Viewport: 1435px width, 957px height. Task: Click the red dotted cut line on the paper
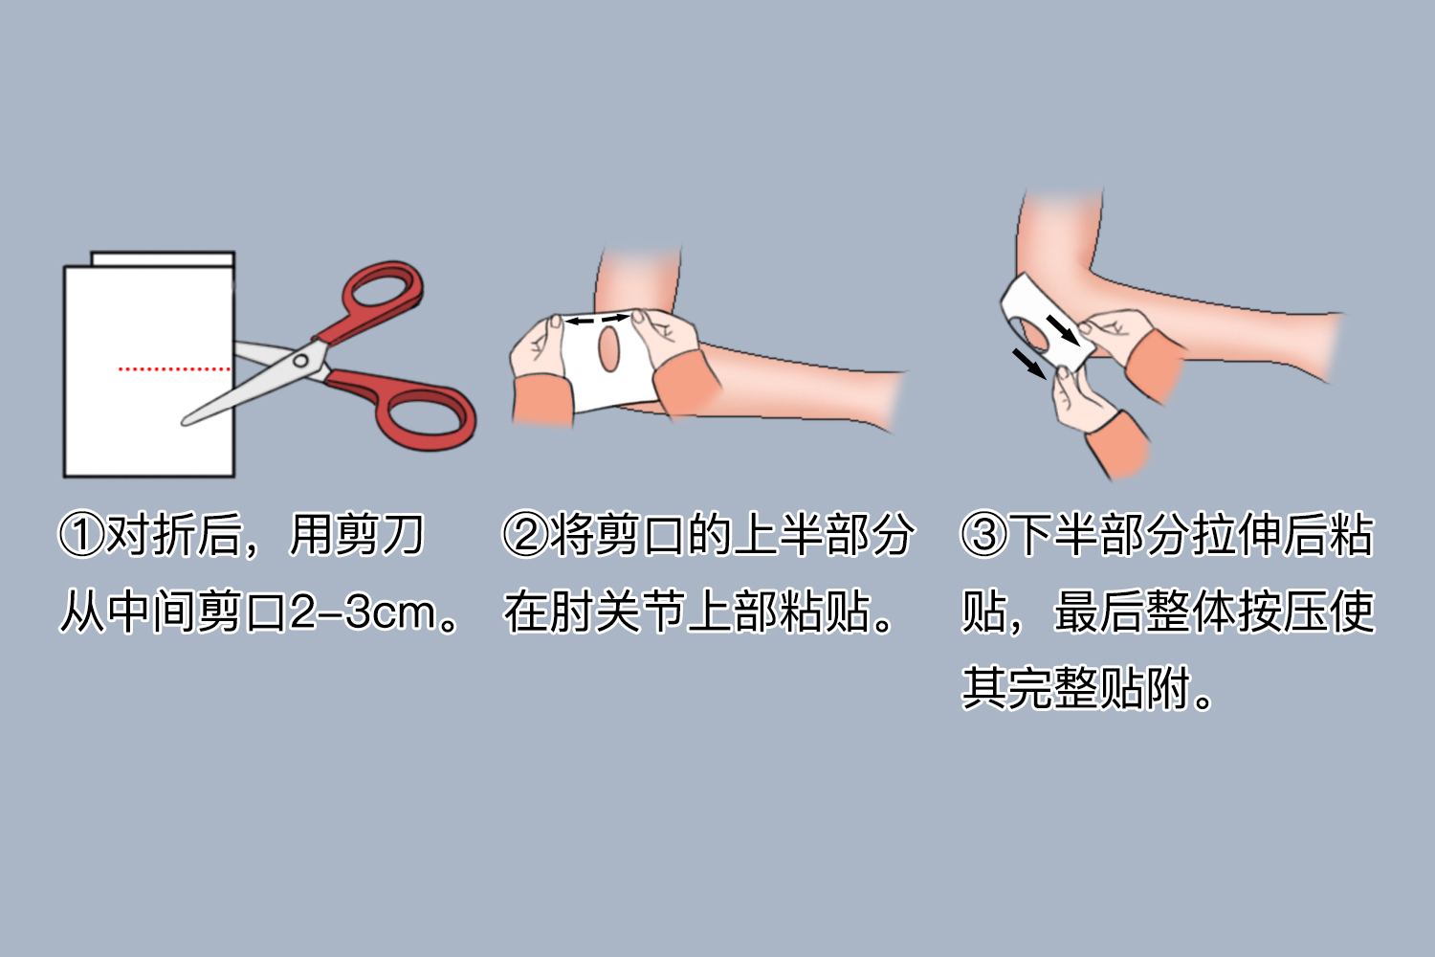click(174, 367)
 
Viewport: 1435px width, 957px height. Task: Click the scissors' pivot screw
click(301, 361)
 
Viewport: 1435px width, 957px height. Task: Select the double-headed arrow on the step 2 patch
click(597, 319)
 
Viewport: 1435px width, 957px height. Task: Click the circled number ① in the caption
click(81, 535)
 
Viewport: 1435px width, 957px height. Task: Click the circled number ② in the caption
click(525, 535)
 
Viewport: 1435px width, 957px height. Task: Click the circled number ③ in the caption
click(984, 535)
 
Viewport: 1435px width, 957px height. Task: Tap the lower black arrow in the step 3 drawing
click(1028, 364)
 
